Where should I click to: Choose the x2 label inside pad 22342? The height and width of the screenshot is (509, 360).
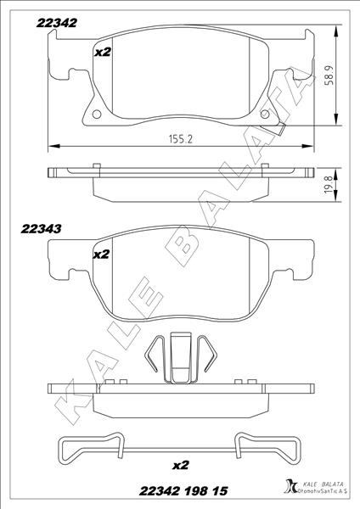(x=102, y=53)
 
